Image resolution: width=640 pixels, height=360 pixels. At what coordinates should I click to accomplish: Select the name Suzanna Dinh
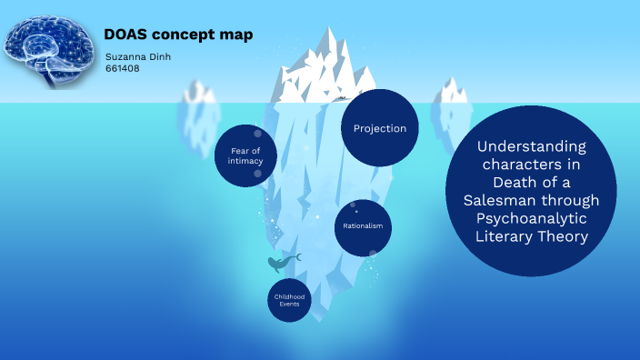138,57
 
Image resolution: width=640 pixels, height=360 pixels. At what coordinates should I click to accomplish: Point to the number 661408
123,68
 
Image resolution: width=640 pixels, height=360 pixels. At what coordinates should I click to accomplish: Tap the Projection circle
380,128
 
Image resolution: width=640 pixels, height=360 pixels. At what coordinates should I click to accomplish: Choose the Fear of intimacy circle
245,155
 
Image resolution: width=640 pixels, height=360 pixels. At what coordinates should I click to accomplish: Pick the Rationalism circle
363,226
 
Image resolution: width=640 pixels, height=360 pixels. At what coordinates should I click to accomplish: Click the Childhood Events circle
290,300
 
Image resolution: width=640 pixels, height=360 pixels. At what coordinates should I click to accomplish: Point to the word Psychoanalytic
531,218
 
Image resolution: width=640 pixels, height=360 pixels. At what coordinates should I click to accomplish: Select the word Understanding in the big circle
532,145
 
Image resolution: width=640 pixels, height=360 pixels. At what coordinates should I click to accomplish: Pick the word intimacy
245,161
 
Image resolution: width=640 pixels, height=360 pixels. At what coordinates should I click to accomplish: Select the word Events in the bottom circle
290,305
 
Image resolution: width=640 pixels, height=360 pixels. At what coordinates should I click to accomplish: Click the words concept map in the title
210,35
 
